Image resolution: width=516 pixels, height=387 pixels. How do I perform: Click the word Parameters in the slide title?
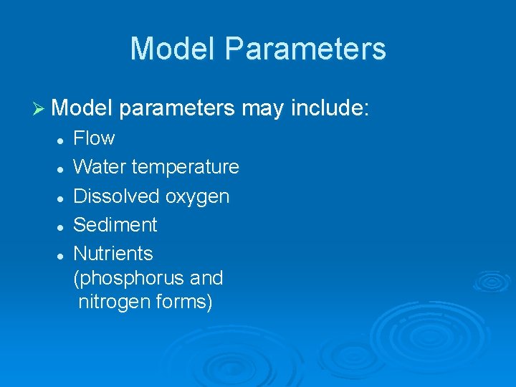(x=305, y=49)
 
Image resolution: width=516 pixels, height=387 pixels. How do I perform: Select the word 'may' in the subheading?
(x=264, y=109)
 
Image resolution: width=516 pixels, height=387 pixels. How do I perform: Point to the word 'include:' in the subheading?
(x=330, y=109)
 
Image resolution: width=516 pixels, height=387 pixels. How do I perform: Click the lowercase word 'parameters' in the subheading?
(x=178, y=110)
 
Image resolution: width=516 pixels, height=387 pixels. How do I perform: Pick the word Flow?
(x=94, y=138)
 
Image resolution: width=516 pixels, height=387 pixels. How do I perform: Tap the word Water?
(x=100, y=167)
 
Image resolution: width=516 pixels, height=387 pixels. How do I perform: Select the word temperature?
(x=185, y=168)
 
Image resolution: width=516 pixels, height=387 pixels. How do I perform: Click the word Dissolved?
(x=117, y=196)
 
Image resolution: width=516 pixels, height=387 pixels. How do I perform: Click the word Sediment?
(x=115, y=224)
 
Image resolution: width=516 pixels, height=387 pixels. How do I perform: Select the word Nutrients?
(x=113, y=253)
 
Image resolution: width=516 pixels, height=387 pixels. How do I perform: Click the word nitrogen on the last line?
(x=112, y=302)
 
